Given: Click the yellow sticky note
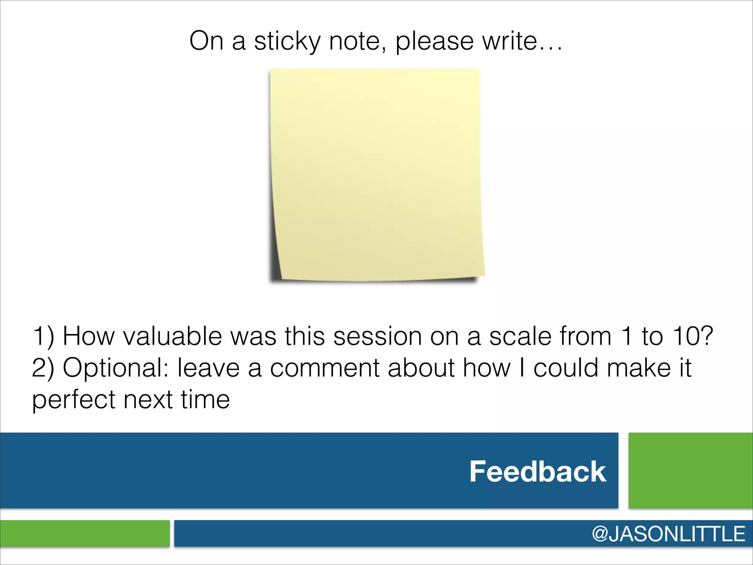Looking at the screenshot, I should click(x=376, y=175).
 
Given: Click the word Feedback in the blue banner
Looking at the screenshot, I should click(x=538, y=472).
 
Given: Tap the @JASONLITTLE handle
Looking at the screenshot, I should click(x=668, y=534).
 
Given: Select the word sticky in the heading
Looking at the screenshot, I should click(x=288, y=41).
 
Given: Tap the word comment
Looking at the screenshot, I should click(x=325, y=368).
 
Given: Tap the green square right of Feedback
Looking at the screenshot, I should click(x=690, y=470).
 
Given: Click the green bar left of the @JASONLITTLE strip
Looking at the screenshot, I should click(x=85, y=533).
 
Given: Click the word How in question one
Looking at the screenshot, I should click(x=89, y=336).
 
